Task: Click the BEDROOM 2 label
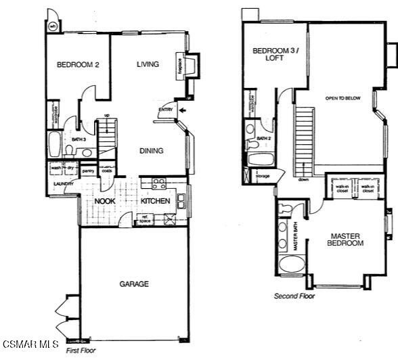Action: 78,65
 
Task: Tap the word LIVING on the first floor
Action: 148,65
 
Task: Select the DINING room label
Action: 152,151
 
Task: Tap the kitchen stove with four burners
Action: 158,183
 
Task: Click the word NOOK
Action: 104,202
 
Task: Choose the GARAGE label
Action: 134,284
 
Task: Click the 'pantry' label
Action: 88,171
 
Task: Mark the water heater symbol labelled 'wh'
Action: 53,27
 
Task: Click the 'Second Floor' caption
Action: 294,296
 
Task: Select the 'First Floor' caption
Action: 81,351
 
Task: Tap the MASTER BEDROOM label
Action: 346,240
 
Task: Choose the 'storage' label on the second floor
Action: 263,176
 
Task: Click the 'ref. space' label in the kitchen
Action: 144,219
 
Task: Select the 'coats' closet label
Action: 106,171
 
